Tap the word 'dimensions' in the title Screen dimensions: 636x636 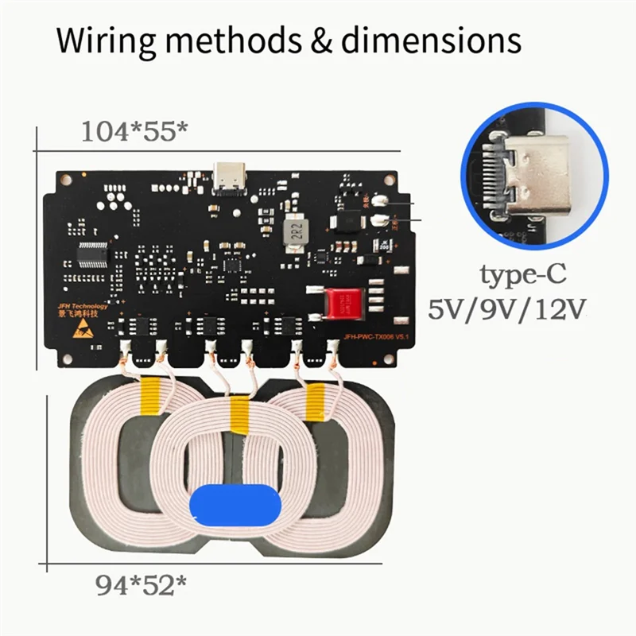tap(429, 40)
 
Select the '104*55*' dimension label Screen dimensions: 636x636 tap(134, 132)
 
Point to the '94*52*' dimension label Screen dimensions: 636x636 tap(141, 586)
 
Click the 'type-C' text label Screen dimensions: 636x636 tap(522, 275)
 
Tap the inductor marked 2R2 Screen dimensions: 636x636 tap(294, 231)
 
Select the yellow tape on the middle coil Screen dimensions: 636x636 tap(238, 411)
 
